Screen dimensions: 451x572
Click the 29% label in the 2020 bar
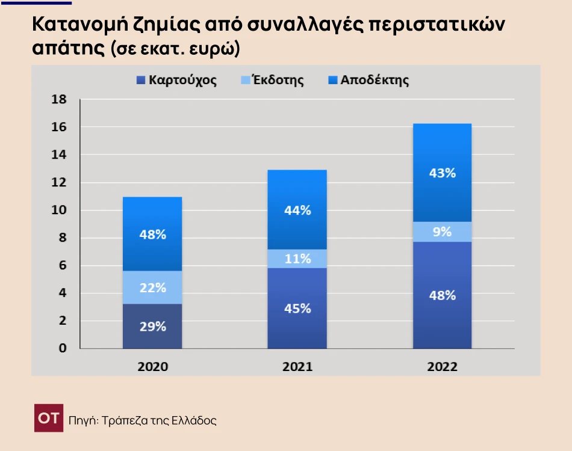point(152,327)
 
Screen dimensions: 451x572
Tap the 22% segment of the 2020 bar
point(152,288)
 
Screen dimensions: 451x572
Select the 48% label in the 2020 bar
point(152,235)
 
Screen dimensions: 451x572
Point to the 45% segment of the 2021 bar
point(297,308)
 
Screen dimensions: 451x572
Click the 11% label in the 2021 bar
point(297,259)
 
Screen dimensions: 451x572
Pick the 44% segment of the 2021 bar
point(297,210)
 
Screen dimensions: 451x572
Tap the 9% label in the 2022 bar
point(442,232)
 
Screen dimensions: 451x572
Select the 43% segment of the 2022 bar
point(442,173)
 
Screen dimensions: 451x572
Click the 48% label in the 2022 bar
point(442,295)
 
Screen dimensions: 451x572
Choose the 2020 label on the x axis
point(152,367)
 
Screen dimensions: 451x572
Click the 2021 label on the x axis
point(297,367)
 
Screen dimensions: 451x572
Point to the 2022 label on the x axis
point(442,367)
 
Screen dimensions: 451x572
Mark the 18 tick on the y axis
point(58,100)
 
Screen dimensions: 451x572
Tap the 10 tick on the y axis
point(58,210)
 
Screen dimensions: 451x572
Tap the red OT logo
point(48,419)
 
